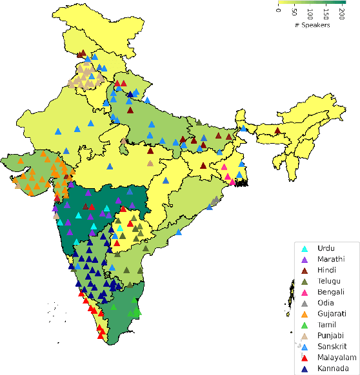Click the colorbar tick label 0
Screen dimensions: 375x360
tap(279, 10)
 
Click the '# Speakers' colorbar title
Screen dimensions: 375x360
tap(312, 26)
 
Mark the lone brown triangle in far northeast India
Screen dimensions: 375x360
tap(277, 131)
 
